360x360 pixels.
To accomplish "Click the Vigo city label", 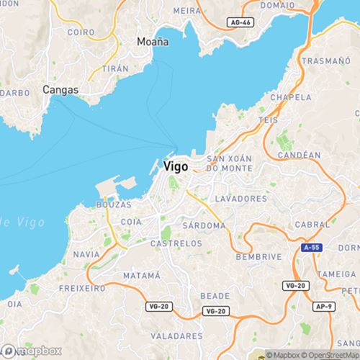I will [x=176, y=166].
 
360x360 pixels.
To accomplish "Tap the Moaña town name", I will [x=153, y=42].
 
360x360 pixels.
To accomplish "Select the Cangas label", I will [x=60, y=90].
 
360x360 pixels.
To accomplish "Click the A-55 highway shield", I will [x=310, y=246].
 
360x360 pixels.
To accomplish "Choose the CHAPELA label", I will [x=290, y=96].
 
